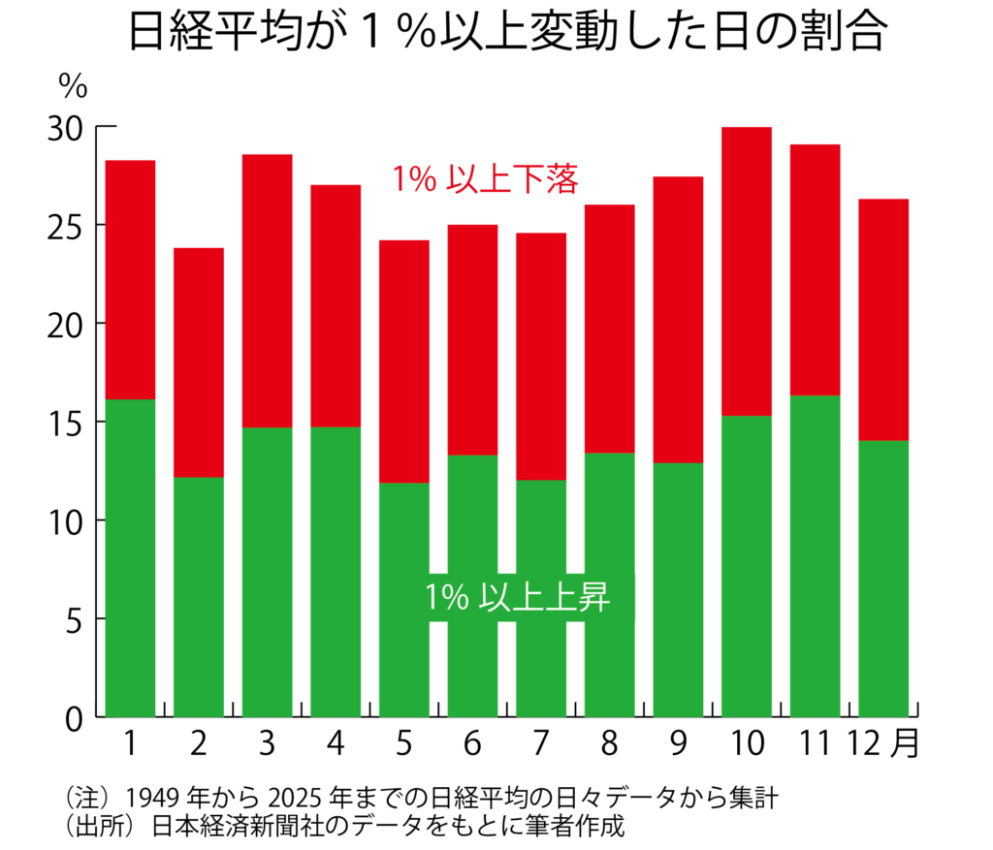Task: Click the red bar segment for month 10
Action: tap(746, 271)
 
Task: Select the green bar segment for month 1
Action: tap(130, 557)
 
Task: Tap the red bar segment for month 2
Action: tap(199, 362)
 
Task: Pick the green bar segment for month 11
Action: tap(815, 555)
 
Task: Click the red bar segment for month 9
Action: tap(678, 320)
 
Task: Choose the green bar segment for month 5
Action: tap(404, 599)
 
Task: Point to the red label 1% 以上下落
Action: tap(486, 180)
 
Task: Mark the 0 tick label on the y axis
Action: tap(76, 718)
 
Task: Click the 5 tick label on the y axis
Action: tap(76, 619)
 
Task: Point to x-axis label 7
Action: tap(540, 744)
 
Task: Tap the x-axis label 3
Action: tap(267, 744)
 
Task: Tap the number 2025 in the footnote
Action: tap(292, 800)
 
